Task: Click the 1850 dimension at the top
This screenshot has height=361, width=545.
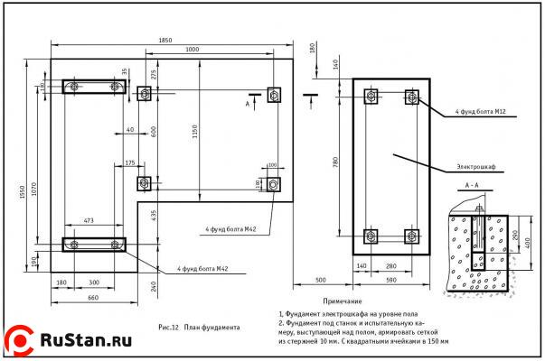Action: [164, 40]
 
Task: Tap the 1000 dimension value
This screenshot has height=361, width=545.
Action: [192, 50]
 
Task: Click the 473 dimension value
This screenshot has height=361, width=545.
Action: [89, 220]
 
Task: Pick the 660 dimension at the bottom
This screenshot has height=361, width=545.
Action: [92, 297]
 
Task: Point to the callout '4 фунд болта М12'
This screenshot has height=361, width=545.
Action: [480, 112]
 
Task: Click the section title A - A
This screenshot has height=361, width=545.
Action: [472, 185]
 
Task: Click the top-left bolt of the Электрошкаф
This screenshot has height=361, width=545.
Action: [370, 97]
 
